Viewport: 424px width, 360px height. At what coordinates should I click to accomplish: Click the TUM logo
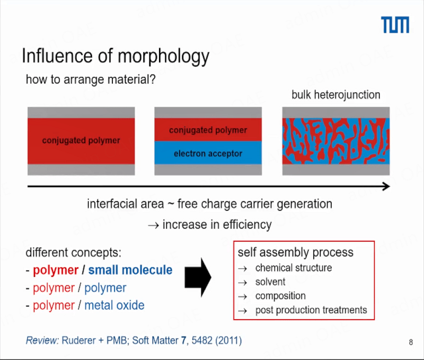click(x=395, y=24)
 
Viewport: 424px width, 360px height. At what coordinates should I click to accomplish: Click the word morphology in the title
click(x=164, y=57)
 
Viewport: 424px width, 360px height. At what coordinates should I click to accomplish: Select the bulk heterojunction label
click(x=336, y=95)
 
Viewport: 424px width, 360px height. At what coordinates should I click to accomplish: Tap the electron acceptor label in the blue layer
click(x=208, y=154)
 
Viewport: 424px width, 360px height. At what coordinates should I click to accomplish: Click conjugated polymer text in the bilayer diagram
click(x=208, y=130)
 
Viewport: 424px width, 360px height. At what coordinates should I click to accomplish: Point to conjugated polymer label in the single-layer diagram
click(x=81, y=140)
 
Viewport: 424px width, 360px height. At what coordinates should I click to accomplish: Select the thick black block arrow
click(x=198, y=277)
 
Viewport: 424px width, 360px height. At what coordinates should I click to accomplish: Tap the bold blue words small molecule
click(x=130, y=270)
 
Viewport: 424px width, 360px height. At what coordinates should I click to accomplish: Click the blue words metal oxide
click(x=114, y=305)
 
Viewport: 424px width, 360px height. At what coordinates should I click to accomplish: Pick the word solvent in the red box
click(x=270, y=282)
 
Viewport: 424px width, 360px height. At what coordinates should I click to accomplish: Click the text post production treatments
click(x=311, y=310)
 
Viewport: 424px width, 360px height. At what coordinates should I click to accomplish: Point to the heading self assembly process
click(x=296, y=253)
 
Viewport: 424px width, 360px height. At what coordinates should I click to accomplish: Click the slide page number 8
click(x=411, y=342)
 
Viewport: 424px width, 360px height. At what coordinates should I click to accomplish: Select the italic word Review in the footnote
click(x=42, y=340)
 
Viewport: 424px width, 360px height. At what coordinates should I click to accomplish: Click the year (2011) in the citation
click(x=228, y=340)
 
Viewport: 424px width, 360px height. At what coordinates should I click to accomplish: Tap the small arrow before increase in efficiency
click(x=153, y=225)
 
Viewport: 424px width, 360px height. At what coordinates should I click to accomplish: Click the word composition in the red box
click(x=280, y=296)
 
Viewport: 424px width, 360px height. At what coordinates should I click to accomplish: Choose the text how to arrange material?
click(x=91, y=79)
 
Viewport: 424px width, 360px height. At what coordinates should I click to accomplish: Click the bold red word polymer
click(x=56, y=271)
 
